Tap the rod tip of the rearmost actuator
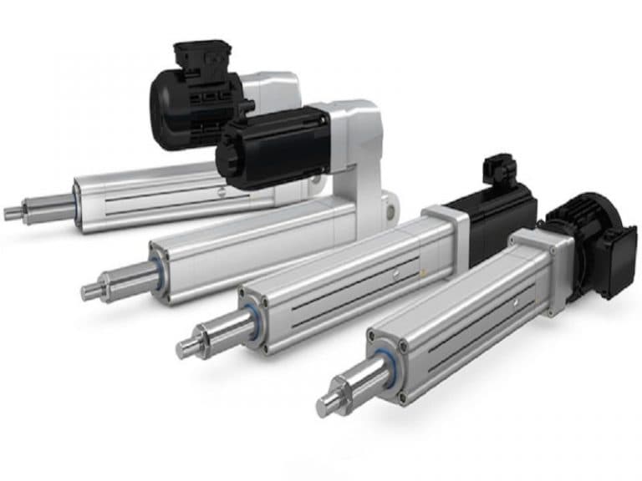pyautogui.click(x=11, y=213)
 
